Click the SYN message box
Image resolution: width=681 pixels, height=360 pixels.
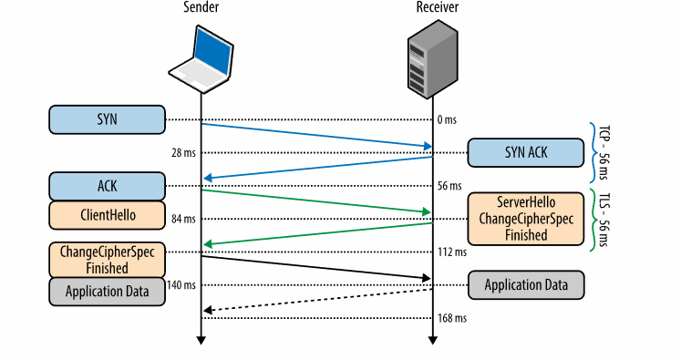(107, 119)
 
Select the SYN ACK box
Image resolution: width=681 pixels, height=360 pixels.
(525, 153)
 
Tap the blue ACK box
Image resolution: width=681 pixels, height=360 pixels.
(107, 186)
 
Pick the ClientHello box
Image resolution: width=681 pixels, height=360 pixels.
(107, 215)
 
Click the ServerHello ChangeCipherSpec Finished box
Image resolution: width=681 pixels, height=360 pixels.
(525, 219)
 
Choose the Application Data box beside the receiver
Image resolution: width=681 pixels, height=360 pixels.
(526, 285)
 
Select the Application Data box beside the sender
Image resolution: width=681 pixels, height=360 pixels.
(107, 292)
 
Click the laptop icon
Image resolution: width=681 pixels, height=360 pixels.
(201, 59)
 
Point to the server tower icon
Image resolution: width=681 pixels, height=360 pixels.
(432, 59)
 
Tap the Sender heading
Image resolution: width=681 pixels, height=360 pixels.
(201, 7)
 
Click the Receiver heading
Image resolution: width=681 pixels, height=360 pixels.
(438, 7)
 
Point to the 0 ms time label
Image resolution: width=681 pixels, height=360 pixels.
(447, 120)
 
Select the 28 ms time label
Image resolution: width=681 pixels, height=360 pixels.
(183, 153)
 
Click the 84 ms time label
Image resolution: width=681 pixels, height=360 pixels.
(183, 219)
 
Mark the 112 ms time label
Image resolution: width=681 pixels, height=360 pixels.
(452, 252)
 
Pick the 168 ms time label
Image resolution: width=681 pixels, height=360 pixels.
(452, 318)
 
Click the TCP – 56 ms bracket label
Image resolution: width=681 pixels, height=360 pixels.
(604, 153)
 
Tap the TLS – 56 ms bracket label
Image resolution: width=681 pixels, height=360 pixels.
(604, 220)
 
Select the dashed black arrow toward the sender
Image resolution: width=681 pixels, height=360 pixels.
(318, 300)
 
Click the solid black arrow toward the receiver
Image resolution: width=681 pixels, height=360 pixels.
(316, 268)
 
